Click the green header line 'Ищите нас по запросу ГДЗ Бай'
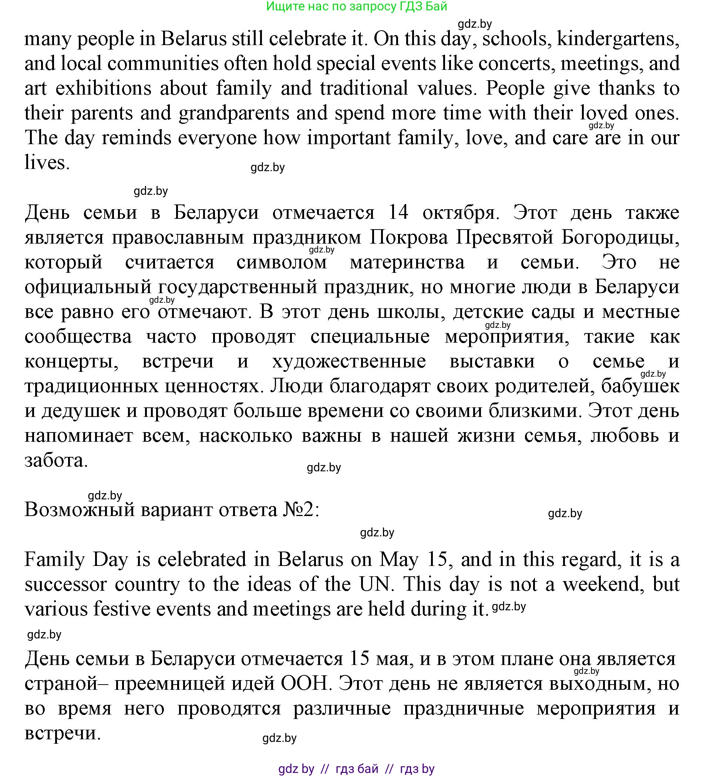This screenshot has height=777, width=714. coord(356,7)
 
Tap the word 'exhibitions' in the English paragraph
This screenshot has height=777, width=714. coord(103,88)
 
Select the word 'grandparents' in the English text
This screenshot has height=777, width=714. coord(234,113)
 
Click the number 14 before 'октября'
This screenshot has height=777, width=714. coord(398,212)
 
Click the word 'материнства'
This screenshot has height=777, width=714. coord(407,262)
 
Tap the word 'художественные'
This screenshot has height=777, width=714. coord(349,361)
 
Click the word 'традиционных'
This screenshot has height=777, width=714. coord(91,386)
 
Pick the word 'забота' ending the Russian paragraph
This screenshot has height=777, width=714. coord(56,461)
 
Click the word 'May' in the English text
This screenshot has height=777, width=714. coord(399,560)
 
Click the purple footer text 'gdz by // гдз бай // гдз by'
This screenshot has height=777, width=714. coord(356,769)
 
